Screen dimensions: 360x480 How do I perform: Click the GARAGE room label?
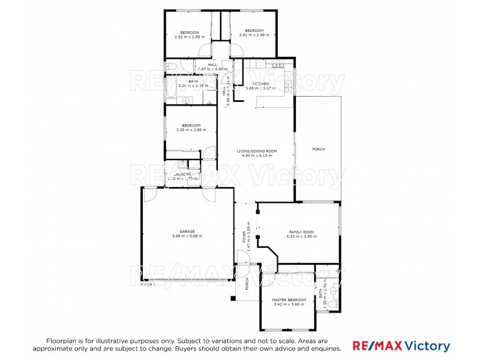187,231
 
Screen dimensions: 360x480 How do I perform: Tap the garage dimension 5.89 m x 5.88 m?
187,236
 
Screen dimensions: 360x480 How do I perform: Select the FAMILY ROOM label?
302,232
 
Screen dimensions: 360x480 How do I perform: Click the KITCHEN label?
260,83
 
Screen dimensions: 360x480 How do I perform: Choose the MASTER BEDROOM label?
289,299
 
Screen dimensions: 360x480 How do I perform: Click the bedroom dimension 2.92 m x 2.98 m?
190,36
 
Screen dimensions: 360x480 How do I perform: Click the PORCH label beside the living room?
318,149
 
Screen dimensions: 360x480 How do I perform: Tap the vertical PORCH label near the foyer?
247,284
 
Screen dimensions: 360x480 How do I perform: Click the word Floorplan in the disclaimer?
63,340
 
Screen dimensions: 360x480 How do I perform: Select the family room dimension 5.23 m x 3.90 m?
302,236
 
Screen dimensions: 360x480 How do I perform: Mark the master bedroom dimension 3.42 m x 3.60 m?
289,304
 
